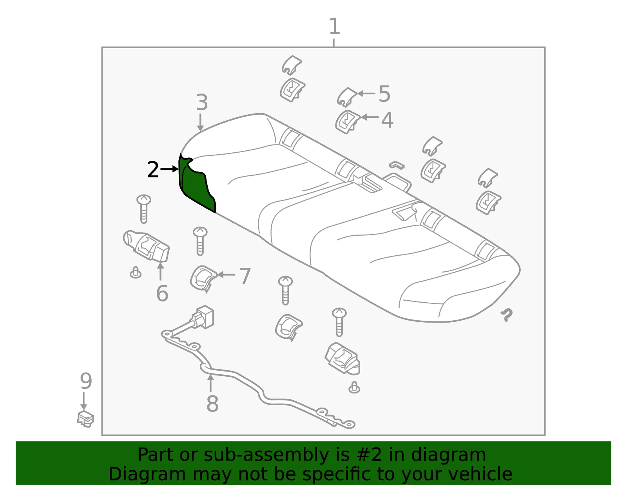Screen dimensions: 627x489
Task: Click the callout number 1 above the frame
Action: tap(335, 26)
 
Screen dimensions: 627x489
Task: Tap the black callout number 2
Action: tap(153, 170)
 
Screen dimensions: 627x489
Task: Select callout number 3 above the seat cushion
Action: tap(202, 102)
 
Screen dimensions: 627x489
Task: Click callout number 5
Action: tap(384, 94)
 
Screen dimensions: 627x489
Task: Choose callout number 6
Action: tap(162, 293)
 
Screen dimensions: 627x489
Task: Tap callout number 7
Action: tap(245, 276)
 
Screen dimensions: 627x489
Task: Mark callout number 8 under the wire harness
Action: tap(212, 404)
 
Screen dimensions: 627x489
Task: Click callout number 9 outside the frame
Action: tap(86, 381)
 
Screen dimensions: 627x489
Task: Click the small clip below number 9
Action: tap(85, 419)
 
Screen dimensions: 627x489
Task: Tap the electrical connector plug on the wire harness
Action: tap(203, 317)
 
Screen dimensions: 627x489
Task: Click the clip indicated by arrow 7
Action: tap(203, 278)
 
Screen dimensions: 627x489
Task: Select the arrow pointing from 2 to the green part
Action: tap(169, 169)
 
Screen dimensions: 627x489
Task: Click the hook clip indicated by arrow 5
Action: tap(347, 97)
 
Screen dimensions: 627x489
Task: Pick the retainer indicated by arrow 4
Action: tap(348, 122)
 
